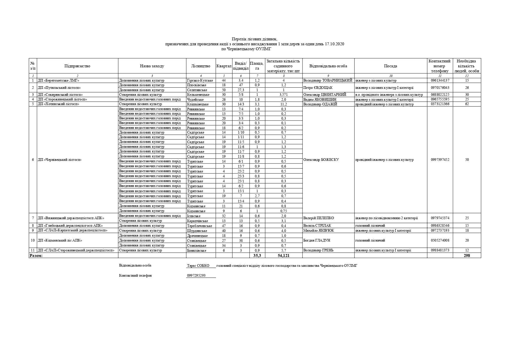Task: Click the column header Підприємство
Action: (77, 66)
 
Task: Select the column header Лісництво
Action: (201, 66)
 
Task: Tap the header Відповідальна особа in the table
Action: (328, 66)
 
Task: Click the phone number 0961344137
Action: (440, 80)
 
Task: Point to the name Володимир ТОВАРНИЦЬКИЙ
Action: (328, 80)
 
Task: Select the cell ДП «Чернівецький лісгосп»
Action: (60, 160)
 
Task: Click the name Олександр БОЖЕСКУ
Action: (321, 160)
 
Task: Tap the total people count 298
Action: (467, 255)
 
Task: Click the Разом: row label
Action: (36, 255)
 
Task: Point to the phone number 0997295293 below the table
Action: (196, 276)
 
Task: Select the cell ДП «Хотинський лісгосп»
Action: (58, 104)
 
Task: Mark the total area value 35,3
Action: (257, 255)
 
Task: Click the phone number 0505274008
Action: (440, 240)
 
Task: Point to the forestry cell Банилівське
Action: (197, 250)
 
